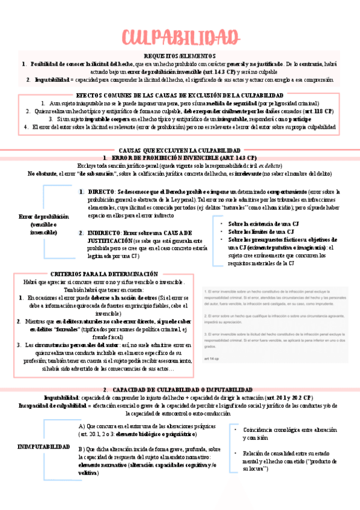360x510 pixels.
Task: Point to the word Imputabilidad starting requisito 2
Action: [x=52, y=79]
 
